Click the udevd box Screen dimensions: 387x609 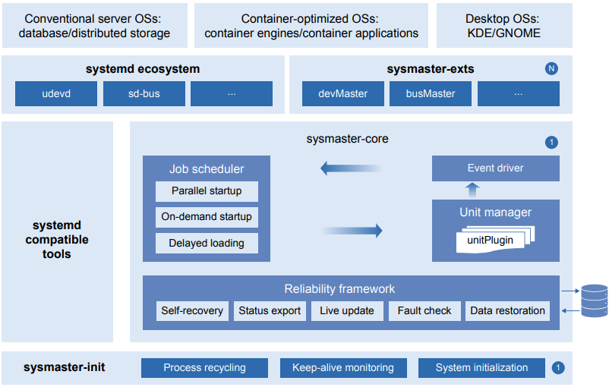(56, 94)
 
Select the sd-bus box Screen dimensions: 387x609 (144, 94)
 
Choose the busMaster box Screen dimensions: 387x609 (431, 94)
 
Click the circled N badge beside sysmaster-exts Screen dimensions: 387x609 (551, 69)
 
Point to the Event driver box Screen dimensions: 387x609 (495, 168)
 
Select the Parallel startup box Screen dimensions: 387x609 (207, 191)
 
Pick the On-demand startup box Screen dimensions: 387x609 (207, 217)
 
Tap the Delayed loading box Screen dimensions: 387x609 (207, 244)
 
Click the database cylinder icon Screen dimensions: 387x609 (594, 300)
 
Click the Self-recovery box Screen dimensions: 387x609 (192, 311)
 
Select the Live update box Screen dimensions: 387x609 (347, 311)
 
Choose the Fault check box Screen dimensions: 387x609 (424, 311)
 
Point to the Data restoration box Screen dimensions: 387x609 (507, 311)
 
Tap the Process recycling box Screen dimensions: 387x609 (204, 368)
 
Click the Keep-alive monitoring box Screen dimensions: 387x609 (343, 368)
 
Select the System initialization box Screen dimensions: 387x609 (481, 368)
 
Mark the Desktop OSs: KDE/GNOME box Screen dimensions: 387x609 (504, 25)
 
